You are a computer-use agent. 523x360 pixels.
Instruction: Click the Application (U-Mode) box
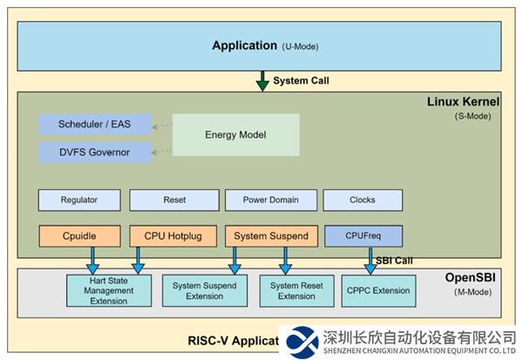pyautogui.click(x=261, y=45)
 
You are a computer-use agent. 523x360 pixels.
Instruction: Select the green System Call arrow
pyautogui.click(x=261, y=81)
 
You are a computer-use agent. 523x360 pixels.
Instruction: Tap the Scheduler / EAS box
pyautogui.click(x=94, y=124)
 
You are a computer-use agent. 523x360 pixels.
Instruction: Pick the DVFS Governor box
pyautogui.click(x=94, y=153)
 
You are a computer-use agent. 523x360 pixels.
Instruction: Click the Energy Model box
pyautogui.click(x=235, y=135)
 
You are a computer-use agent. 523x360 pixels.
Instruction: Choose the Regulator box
pyautogui.click(x=78, y=200)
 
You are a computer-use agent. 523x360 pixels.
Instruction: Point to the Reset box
pyautogui.click(x=174, y=200)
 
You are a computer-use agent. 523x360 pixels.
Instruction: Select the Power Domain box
pyautogui.click(x=270, y=200)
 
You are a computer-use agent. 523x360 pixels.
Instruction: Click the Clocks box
pyautogui.click(x=363, y=200)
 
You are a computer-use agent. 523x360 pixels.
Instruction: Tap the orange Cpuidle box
pyautogui.click(x=78, y=235)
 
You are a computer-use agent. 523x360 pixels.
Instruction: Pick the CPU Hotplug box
pyautogui.click(x=173, y=235)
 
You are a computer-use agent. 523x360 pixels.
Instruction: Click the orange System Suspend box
pyautogui.click(x=270, y=235)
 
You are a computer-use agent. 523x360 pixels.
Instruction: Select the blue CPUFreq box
pyautogui.click(x=363, y=235)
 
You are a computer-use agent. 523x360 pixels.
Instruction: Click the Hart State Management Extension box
pyautogui.click(x=110, y=290)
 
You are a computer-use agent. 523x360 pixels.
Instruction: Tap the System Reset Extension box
pyautogui.click(x=296, y=290)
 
